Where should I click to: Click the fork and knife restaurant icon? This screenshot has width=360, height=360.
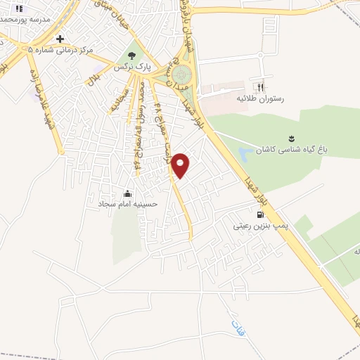coord(261,88)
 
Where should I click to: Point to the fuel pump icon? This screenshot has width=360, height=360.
coord(260,214)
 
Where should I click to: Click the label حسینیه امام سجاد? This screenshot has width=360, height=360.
coord(127,205)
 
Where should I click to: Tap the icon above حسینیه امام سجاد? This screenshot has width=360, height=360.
coord(127,193)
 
